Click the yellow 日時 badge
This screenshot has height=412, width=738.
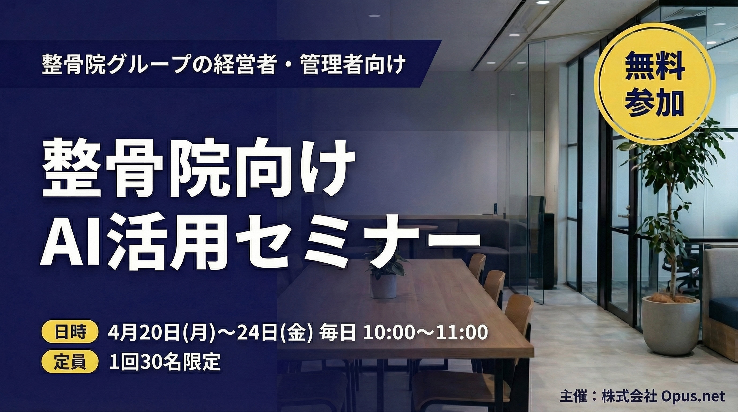pos(70,333)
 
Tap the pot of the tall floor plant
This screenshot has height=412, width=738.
pos(670,324)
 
